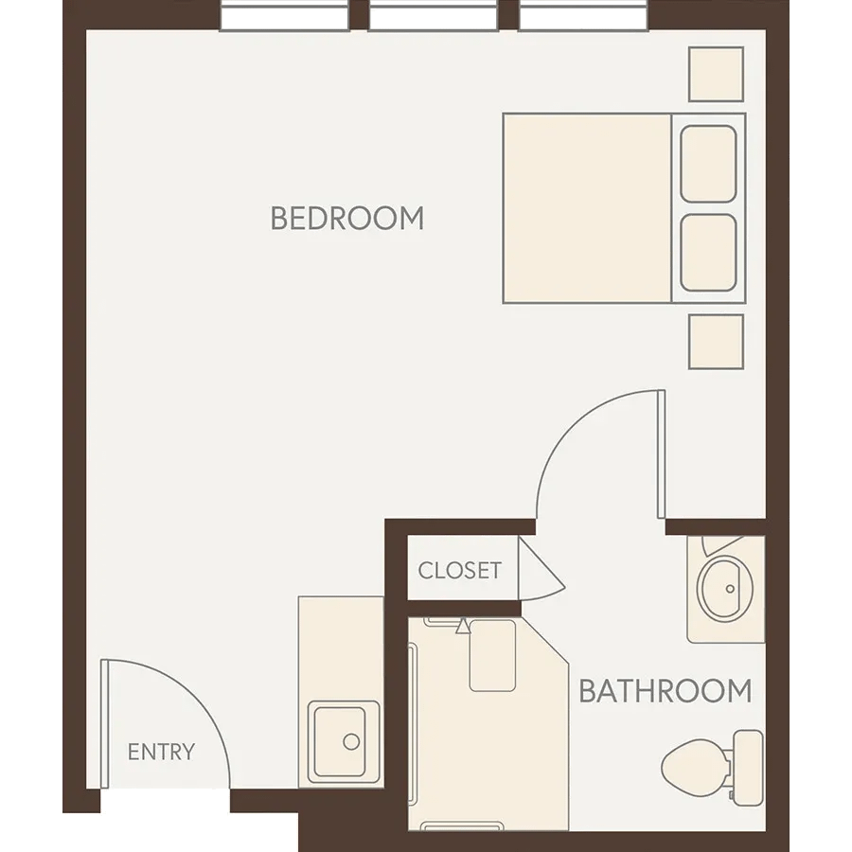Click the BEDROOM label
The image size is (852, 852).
[347, 218]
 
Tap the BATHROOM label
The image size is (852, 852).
[666, 691]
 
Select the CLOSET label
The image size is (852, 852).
[460, 571]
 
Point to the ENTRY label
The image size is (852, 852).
[161, 752]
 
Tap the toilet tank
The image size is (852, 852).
[748, 768]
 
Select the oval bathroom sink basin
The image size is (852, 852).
[724, 590]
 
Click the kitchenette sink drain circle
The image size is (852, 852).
[351, 741]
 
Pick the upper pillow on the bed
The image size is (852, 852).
[708, 164]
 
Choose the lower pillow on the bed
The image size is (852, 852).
[708, 253]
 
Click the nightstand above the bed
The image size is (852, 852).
[717, 74]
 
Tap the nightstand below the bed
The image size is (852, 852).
[717, 342]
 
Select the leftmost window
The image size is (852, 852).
[284, 16]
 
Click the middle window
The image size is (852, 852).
[433, 16]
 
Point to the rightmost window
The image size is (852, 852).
[583, 16]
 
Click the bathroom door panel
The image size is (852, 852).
[662, 453]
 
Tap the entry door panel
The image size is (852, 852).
[105, 724]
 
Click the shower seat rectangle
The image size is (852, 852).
[492, 656]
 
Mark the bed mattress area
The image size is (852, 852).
[587, 208]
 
